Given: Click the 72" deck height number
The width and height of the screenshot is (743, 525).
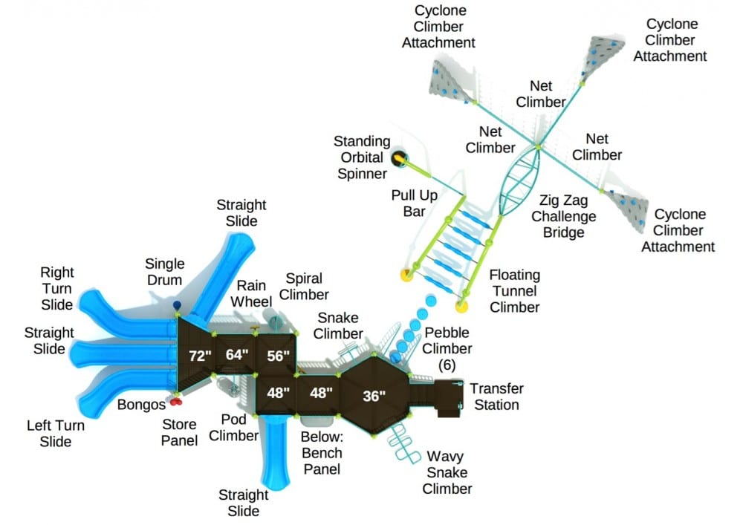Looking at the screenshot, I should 200,356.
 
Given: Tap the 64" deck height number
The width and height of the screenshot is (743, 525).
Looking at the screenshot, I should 237,355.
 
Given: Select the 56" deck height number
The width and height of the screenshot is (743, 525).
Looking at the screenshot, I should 278,355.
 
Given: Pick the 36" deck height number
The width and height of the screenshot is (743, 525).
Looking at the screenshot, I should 374,396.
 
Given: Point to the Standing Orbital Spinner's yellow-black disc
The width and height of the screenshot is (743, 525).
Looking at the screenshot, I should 400,157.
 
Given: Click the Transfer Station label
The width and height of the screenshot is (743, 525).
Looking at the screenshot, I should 496,397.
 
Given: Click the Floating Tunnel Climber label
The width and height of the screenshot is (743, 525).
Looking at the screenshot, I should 514,291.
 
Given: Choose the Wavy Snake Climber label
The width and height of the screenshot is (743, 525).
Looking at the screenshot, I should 447,472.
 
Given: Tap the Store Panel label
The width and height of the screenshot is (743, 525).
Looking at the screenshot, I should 180,432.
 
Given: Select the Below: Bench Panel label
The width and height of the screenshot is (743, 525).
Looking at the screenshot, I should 322,452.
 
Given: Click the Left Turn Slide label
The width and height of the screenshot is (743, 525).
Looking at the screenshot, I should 56,434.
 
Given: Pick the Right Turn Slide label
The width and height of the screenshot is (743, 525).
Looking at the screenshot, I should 56,289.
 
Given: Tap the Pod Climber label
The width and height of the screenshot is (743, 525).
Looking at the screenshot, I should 233,428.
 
